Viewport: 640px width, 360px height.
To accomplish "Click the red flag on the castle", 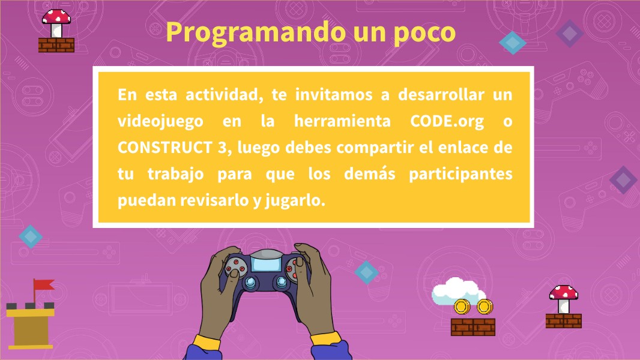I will (x=43, y=285).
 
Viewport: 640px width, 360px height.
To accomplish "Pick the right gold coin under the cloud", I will (x=484, y=307).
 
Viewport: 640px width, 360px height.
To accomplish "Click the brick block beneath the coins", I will (x=472, y=327).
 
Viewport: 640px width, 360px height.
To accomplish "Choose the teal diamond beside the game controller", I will (x=366, y=272).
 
